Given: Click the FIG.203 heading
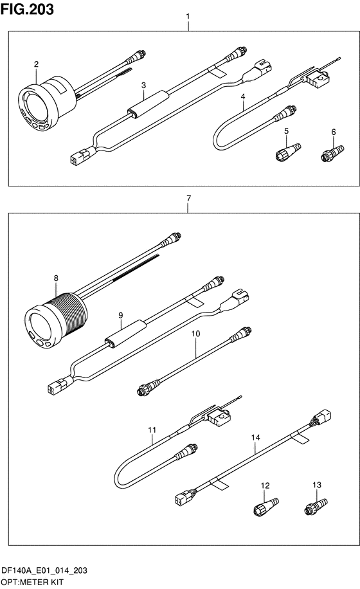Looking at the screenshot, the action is coord(27,9).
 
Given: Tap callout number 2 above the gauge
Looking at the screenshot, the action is coord(36,64).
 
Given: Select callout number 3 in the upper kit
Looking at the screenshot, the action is coord(143,86).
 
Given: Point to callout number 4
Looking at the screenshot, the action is coord(243,96).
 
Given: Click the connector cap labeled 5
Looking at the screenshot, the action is coord(288,152).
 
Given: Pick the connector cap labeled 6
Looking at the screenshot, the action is coord(332,153).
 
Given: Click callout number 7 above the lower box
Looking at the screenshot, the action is coord(188,198).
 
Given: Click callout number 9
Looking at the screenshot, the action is coord(120,315).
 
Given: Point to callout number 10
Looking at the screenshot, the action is coord(195,334).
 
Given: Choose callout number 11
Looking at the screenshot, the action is coord(152,430).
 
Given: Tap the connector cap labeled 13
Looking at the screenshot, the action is coord(316,505).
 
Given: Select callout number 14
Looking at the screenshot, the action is coord(256,437).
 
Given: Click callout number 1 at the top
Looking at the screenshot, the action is coord(188,17).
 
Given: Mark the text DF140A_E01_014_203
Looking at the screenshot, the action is coord(44,570).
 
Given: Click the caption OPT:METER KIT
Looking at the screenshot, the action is coord(32,582).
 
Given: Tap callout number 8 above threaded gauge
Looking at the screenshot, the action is coord(56,278).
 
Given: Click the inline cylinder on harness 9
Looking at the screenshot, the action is coord(125,332).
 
